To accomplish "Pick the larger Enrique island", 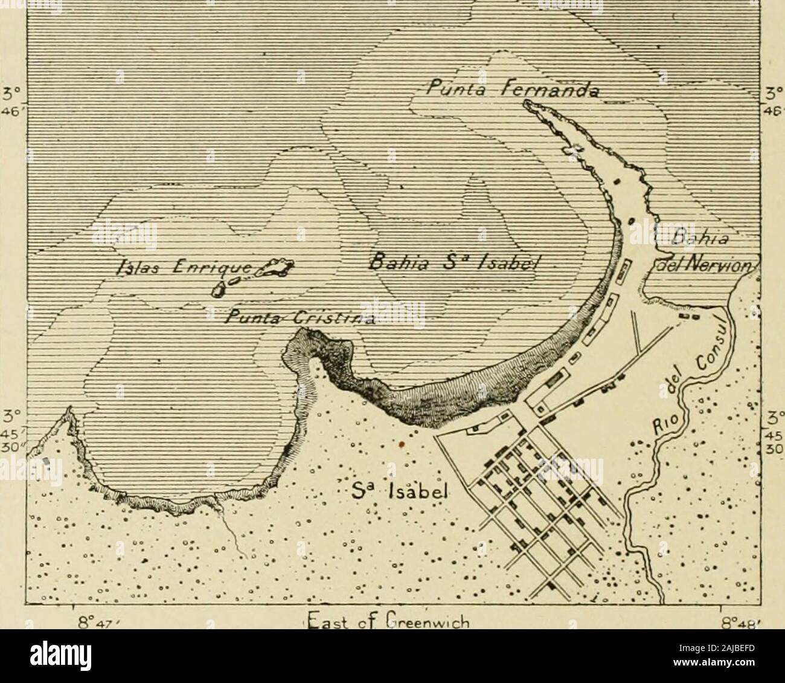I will (275, 268).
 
